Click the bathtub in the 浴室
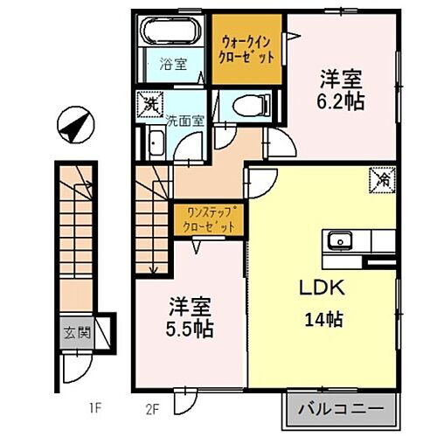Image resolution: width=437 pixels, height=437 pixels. pyautogui.click(x=173, y=33)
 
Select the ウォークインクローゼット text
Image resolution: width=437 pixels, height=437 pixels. pyautogui.click(x=250, y=47)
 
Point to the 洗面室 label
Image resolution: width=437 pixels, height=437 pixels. pyautogui.click(x=184, y=122)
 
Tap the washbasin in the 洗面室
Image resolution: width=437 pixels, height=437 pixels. pyautogui.click(x=157, y=145)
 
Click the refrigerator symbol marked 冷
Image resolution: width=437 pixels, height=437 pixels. pyautogui.click(x=383, y=179)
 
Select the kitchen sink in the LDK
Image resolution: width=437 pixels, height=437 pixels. pyautogui.click(x=339, y=240)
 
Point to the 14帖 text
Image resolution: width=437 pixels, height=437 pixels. pyautogui.click(x=324, y=318)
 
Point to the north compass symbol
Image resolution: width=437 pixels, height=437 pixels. pyautogui.click(x=71, y=126)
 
